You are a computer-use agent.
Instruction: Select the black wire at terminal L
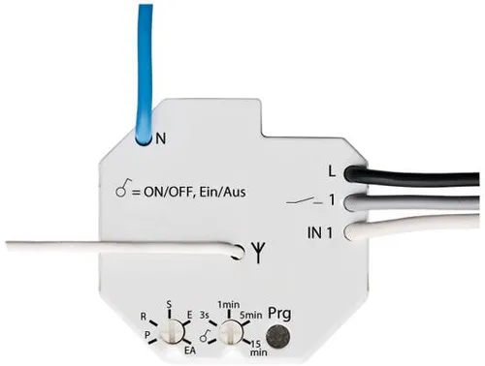click(417, 179)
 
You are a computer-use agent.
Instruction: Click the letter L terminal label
click(332, 172)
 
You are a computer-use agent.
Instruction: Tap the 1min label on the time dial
click(229, 306)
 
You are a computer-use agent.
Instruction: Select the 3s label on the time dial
click(203, 315)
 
